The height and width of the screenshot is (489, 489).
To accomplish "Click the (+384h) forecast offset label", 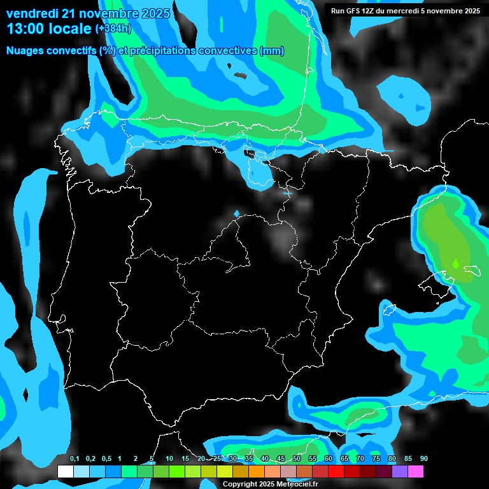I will [113, 29].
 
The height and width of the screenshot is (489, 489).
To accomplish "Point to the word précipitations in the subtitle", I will [163, 51].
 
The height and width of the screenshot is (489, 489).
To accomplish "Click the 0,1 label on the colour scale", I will [74, 459].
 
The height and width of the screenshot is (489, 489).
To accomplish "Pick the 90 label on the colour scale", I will [424, 459].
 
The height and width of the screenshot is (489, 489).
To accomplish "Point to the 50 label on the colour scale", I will [297, 459].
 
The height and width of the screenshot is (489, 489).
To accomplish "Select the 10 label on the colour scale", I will [169, 459].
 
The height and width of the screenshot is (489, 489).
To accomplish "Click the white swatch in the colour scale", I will [65, 471].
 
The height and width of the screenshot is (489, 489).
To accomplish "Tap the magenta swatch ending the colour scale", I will [415, 471].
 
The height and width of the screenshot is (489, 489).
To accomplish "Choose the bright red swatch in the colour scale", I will [336, 471].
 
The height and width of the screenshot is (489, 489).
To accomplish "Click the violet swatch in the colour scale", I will [399, 471].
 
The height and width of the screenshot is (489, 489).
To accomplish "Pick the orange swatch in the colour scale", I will [256, 471].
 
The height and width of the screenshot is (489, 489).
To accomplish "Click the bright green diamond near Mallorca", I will [456, 262].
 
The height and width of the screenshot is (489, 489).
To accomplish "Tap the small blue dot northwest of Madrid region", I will [237, 213].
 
